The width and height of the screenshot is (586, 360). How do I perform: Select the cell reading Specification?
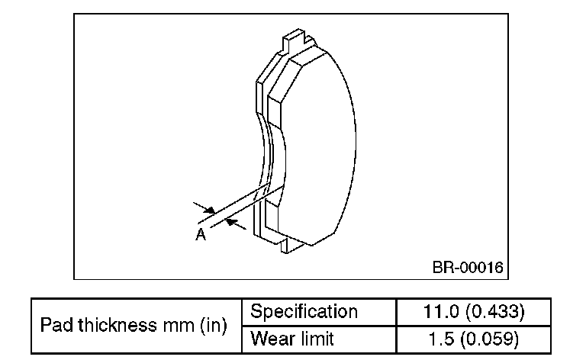pyautogui.click(x=304, y=312)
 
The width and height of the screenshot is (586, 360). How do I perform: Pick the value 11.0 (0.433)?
pyautogui.click(x=473, y=312)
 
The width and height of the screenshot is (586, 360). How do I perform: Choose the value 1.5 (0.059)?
pyautogui.click(x=473, y=338)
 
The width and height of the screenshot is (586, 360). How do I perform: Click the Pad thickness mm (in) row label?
pyautogui.click(x=134, y=326)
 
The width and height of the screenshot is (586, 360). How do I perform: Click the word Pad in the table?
pyautogui.click(x=55, y=326)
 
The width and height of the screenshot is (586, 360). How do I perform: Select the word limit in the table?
pyautogui.click(x=317, y=338)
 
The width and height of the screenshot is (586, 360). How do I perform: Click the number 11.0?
pyautogui.click(x=440, y=312)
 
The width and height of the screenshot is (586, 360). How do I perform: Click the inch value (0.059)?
pyautogui.click(x=494, y=338)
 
